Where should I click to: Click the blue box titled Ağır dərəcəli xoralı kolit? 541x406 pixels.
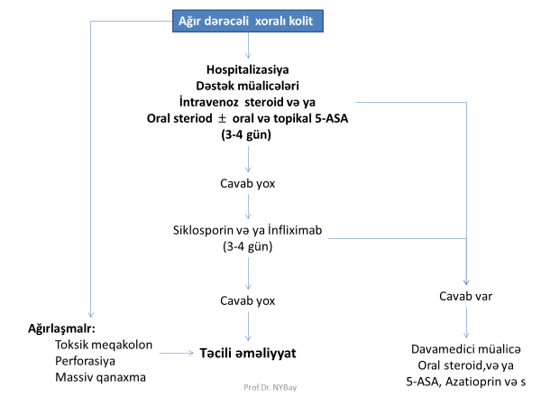248,20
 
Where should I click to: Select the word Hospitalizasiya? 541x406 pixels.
248,69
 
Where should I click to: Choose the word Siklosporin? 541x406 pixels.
207,230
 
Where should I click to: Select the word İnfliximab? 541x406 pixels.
294,230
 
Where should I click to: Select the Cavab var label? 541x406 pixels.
466,297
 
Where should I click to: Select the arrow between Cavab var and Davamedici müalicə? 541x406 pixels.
466,321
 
